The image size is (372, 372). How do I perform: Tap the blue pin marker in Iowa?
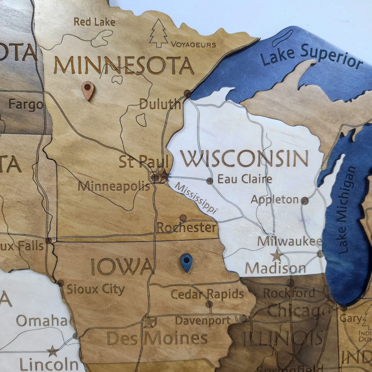click(x=186, y=262)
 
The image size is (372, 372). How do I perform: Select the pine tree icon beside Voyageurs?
click(x=159, y=33)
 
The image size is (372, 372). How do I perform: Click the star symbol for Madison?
click(x=277, y=256)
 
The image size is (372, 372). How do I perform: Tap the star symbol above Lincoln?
click(x=53, y=351)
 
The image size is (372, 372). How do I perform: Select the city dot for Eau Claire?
click(x=210, y=181)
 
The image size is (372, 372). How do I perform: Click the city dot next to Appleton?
click(x=305, y=201)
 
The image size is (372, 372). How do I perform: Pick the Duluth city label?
click(x=160, y=105)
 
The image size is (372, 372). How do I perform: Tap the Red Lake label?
click(x=94, y=22)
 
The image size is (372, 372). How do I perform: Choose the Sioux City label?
click(x=96, y=289)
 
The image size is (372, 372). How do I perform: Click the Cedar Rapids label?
click(x=207, y=294)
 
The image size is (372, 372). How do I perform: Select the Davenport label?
click(x=203, y=321)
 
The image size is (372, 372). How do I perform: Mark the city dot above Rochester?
click(x=183, y=218)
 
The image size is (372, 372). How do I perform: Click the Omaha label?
click(x=42, y=321)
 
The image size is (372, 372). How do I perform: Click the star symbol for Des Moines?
click(x=148, y=322)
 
